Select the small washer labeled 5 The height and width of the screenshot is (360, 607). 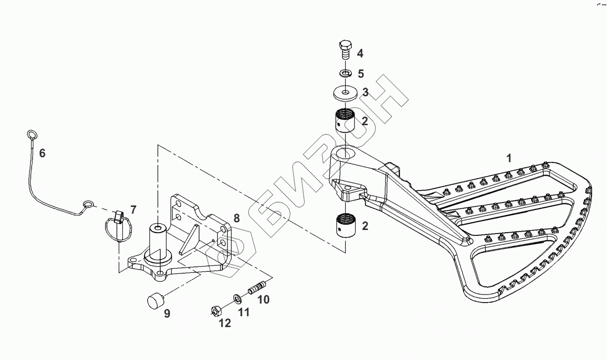[346, 73]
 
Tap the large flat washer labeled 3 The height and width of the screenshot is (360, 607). [346, 93]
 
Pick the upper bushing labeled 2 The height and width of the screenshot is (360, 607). [346, 121]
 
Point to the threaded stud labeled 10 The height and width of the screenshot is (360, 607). [257, 287]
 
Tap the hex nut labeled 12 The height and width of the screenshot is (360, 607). [215, 311]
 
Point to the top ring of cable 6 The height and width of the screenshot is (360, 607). [32, 134]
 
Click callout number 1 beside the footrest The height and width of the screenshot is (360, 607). [509, 159]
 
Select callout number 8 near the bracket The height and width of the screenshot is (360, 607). [237, 219]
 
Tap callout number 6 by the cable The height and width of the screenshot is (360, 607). [42, 154]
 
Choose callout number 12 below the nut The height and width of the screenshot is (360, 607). [224, 323]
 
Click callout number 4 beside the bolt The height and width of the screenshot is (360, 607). [360, 54]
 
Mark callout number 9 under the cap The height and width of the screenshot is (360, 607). [167, 314]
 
